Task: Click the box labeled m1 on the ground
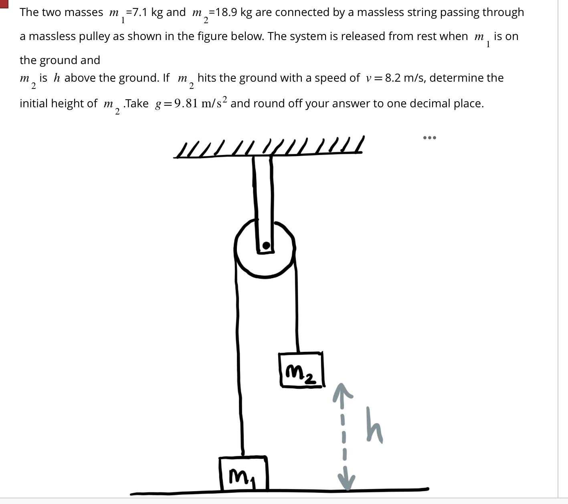[x=244, y=474]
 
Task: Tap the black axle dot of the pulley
[x=266, y=245]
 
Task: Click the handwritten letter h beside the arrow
[x=374, y=425]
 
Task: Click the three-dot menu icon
[x=429, y=138]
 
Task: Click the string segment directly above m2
[x=297, y=320]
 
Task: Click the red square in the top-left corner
[x=4, y=3]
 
